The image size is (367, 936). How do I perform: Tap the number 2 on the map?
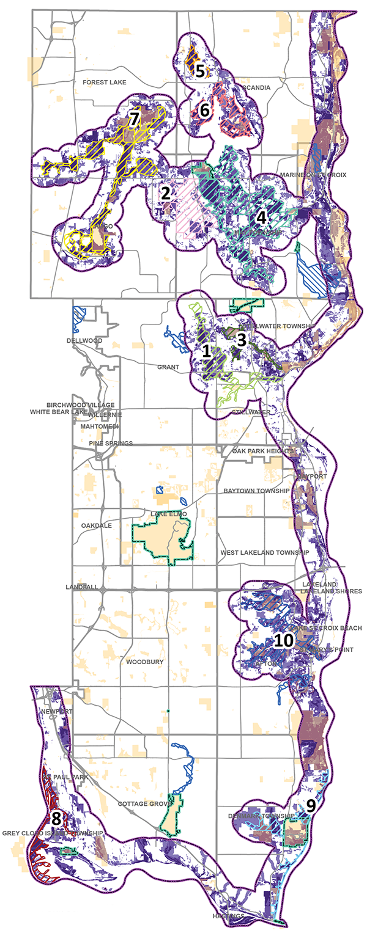[165, 193]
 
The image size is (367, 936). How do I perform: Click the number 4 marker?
[261, 216]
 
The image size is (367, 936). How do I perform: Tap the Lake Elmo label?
[165, 514]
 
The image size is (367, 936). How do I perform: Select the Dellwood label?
[84, 340]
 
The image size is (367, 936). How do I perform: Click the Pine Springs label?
[106, 443]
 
